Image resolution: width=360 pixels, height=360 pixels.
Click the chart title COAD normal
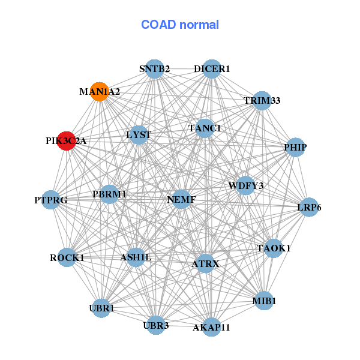click(180, 25)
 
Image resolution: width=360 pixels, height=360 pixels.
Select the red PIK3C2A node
click(66, 141)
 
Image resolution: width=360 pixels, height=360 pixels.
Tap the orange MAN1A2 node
click(99, 92)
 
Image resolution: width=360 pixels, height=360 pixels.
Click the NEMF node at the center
click(182, 199)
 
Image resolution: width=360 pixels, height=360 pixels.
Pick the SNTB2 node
click(155, 69)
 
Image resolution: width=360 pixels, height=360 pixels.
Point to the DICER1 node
click(211, 69)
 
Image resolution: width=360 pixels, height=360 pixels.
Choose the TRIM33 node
click(261, 100)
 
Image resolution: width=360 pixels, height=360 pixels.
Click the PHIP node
click(295, 147)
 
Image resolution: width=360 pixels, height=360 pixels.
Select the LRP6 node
click(308, 208)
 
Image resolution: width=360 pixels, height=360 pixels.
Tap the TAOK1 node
click(274, 248)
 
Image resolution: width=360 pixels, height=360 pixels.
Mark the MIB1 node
click(264, 300)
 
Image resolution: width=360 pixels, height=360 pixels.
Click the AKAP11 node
click(211, 326)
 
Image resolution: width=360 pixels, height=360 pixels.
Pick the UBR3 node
click(156, 325)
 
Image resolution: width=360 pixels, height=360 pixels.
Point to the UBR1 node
click(101, 308)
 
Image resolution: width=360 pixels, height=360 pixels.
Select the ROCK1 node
click(67, 257)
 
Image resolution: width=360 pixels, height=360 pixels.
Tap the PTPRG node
click(51, 199)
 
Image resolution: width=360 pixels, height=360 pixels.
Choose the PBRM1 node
click(109, 194)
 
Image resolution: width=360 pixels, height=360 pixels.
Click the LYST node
click(139, 135)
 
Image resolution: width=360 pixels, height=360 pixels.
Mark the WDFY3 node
click(245, 185)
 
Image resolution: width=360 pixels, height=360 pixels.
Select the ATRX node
click(206, 263)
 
